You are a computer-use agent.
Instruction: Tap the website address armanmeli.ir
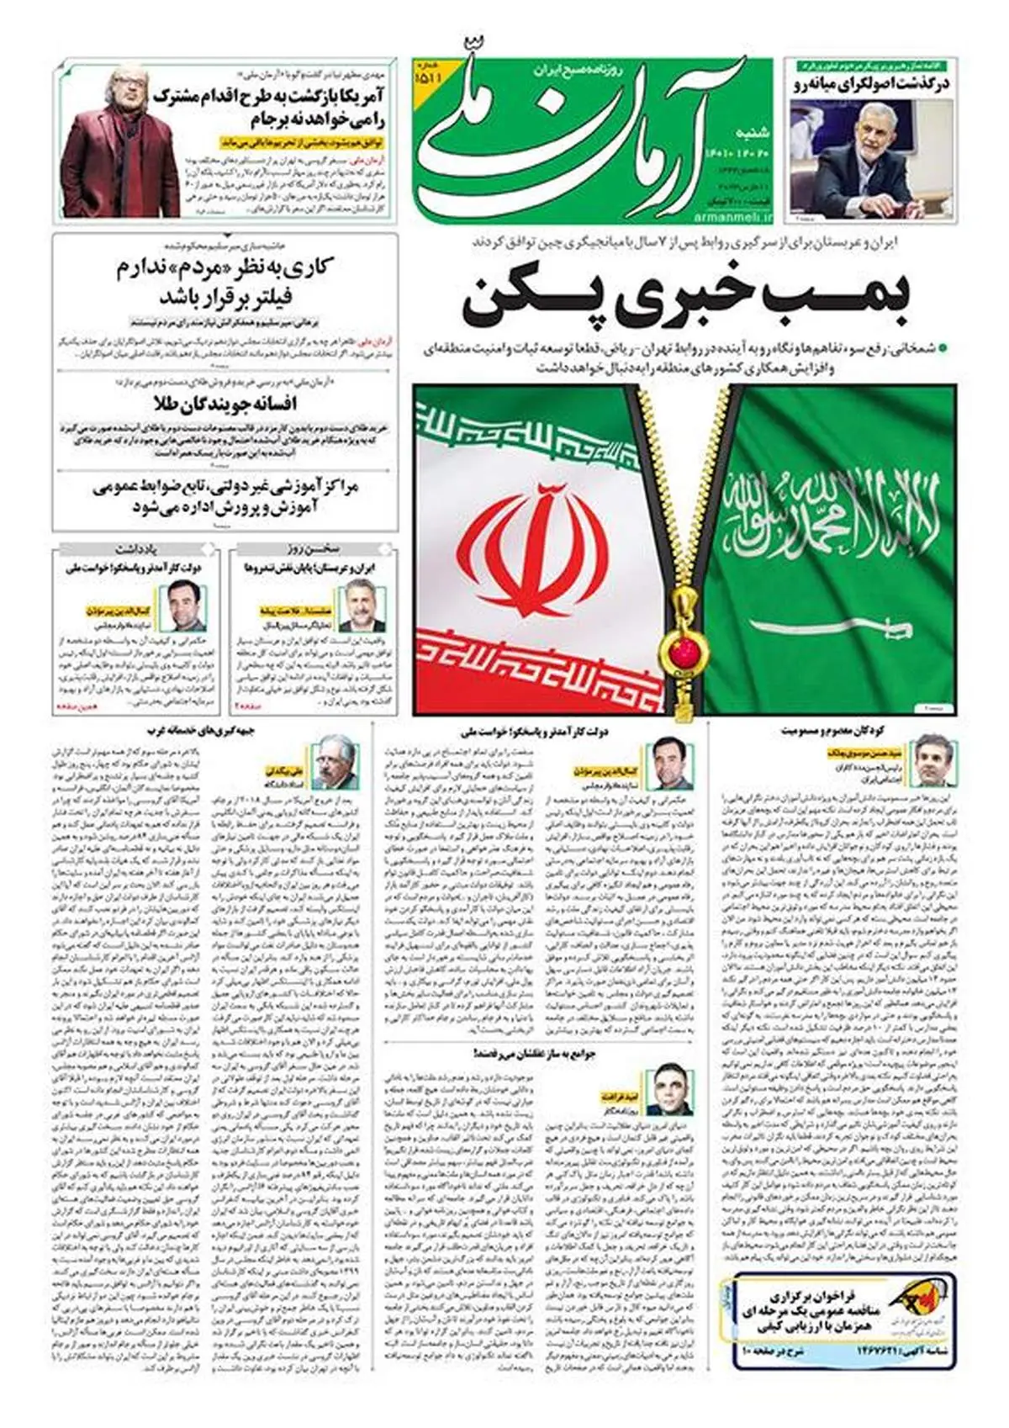tap(729, 216)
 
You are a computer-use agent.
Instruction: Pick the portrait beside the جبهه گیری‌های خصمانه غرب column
tap(335, 760)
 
